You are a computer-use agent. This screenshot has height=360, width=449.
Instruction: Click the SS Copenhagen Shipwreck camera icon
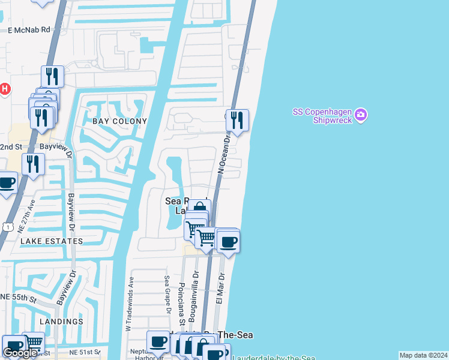[x=360, y=114]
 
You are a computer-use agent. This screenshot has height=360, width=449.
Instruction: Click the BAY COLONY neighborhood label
[x=119, y=121]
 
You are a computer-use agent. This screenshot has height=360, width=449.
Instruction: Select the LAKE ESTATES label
[x=52, y=241]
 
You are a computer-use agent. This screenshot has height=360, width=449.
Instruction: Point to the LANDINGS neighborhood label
[x=62, y=322]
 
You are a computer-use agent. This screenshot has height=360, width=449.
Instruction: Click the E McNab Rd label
[x=29, y=29]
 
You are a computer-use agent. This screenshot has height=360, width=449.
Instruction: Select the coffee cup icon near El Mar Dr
[x=228, y=242]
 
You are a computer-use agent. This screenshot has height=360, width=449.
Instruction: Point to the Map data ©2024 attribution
[x=423, y=355]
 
